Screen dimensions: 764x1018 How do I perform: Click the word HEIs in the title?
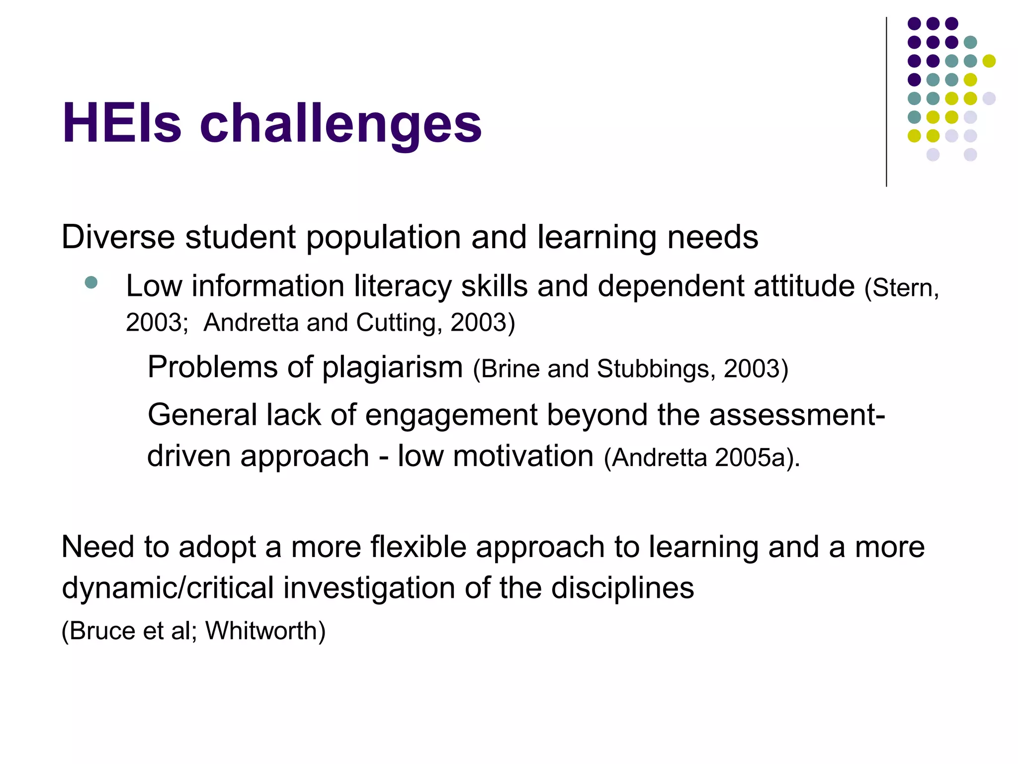[x=122, y=123]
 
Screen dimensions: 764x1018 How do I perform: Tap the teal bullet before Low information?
[x=91, y=283]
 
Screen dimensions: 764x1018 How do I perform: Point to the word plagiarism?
[x=392, y=368]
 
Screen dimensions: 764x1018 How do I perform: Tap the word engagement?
[x=451, y=415]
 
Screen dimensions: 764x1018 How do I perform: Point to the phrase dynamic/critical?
[x=168, y=588]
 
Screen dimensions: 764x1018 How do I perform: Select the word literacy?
[x=403, y=287]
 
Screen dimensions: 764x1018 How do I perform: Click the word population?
[x=383, y=238]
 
